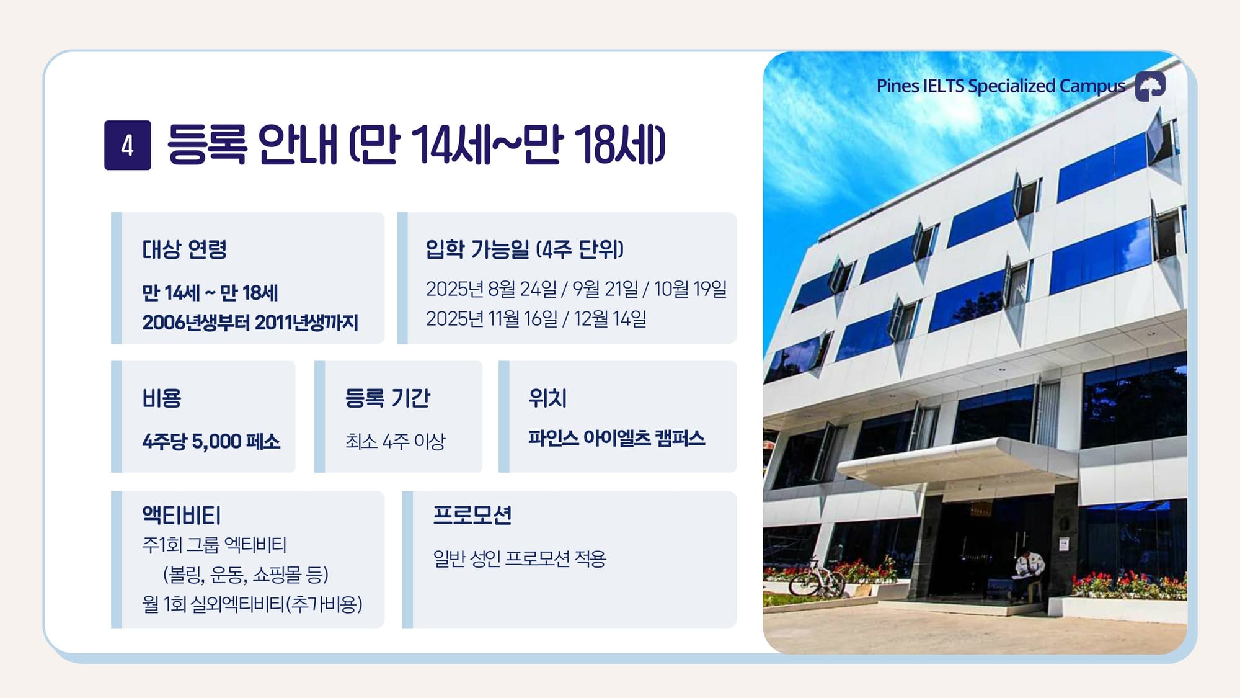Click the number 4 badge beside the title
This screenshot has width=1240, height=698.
pos(128,145)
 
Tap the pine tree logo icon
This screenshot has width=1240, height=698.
pos(1150,86)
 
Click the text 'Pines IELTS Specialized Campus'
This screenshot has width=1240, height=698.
pos(1001,86)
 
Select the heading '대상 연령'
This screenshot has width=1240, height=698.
pos(184,249)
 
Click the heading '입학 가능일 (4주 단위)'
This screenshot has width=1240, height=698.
pos(525,249)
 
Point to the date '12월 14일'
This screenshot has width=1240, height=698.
pos(610,319)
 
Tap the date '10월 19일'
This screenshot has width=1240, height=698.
pos(690,289)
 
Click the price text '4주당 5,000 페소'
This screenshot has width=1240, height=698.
pos(211,441)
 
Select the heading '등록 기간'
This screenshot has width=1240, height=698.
pos(387,398)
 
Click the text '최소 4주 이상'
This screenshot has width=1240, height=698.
pos(396,441)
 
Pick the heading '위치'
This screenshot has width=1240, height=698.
pos(547,398)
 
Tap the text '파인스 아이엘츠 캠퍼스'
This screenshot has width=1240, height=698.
pos(617,438)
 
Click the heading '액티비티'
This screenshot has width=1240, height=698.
pos(181,515)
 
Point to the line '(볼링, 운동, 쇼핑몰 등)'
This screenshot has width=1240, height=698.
pos(246,575)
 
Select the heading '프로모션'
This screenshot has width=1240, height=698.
pos(472,515)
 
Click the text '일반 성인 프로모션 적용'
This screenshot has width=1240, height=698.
pos(520,558)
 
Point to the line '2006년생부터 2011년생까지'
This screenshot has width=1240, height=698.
pos(250,323)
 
